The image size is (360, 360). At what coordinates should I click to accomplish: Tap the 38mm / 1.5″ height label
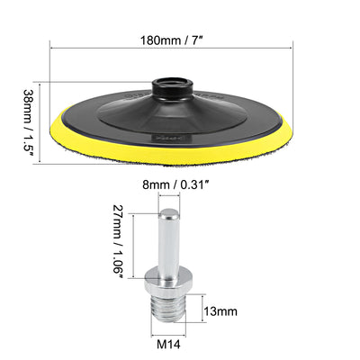[29, 122]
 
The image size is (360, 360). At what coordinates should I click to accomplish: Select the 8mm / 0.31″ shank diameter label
[175, 184]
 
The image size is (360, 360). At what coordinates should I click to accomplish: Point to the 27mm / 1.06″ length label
[117, 242]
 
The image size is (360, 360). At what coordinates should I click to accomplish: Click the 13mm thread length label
[220, 311]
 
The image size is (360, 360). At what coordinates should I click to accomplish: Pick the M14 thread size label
[168, 344]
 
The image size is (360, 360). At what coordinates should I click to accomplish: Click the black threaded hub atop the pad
[171, 89]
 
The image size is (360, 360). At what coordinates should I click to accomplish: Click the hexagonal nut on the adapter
[165, 281]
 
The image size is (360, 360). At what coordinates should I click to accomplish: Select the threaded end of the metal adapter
[167, 308]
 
